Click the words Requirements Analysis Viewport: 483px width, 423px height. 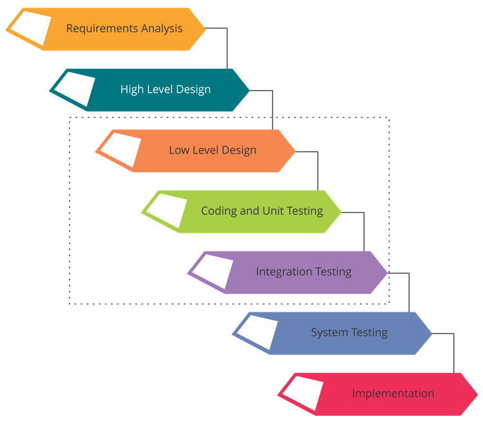point(124,28)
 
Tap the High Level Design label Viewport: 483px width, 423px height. point(166,89)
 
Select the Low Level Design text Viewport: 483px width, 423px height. point(213,150)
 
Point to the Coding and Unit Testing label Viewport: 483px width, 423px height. point(262,211)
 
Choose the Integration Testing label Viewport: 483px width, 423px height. point(304,271)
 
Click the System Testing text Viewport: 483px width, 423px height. point(349,332)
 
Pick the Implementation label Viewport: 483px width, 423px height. point(393,393)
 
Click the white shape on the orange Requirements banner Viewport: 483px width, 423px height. point(31,28)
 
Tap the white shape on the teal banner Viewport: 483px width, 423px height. point(76,89)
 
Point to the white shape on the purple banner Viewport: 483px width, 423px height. point(213,271)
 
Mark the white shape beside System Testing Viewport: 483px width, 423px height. point(258,332)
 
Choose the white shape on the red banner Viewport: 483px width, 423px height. point(304,392)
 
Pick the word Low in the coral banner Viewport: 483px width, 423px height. point(179,150)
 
